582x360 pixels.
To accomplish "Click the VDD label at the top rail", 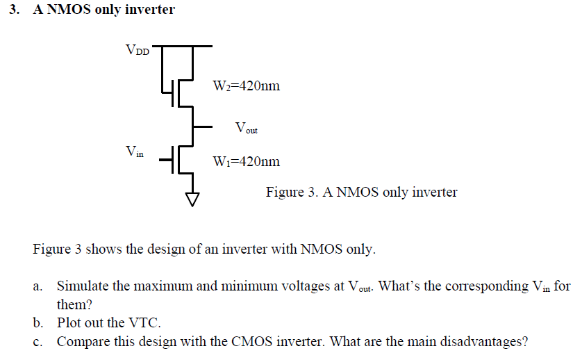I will [137, 50].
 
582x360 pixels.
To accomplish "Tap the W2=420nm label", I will [246, 86].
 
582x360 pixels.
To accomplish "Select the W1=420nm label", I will [246, 161].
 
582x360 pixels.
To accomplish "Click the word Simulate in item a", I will [82, 286].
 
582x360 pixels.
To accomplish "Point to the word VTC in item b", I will [144, 323].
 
